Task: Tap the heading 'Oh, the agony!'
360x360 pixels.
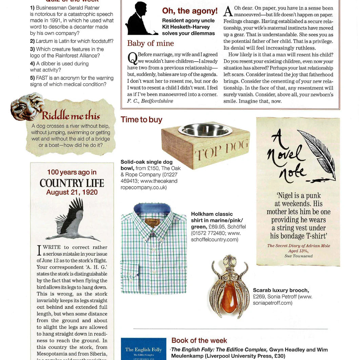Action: pos(189,11)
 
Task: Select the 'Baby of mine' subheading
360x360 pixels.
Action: pos(150,43)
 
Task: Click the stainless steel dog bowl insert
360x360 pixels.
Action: pos(205,130)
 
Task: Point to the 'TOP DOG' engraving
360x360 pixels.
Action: pos(222,152)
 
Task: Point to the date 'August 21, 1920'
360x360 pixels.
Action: pos(72,193)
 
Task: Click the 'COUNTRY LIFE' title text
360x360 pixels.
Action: pos(72,183)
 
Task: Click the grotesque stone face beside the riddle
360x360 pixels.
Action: pos(27,107)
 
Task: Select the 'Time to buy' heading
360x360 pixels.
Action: pos(141,120)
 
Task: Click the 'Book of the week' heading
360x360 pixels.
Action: pos(199,340)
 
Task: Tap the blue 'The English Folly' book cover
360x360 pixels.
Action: pos(143,349)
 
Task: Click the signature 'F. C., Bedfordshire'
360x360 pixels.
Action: pos(150,101)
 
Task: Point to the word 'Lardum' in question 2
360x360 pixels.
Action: pos(44,41)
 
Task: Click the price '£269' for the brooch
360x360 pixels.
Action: pos(259,297)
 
